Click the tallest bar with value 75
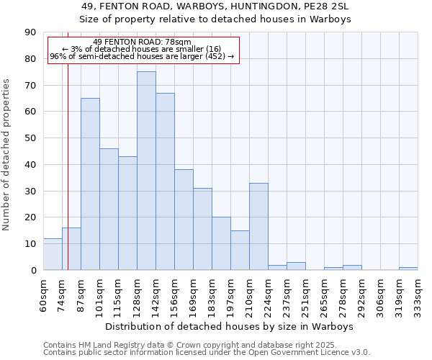[x=146, y=171]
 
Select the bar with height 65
[x=90, y=184]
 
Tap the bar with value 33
[x=258, y=226]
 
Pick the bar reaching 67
[x=165, y=181]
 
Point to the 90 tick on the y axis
[x=30, y=32]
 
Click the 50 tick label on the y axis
[x=30, y=138]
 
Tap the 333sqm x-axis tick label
[x=418, y=295]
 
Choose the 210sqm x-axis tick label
[x=249, y=295]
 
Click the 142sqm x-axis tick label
[x=156, y=295]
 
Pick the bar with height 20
[x=221, y=243]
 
